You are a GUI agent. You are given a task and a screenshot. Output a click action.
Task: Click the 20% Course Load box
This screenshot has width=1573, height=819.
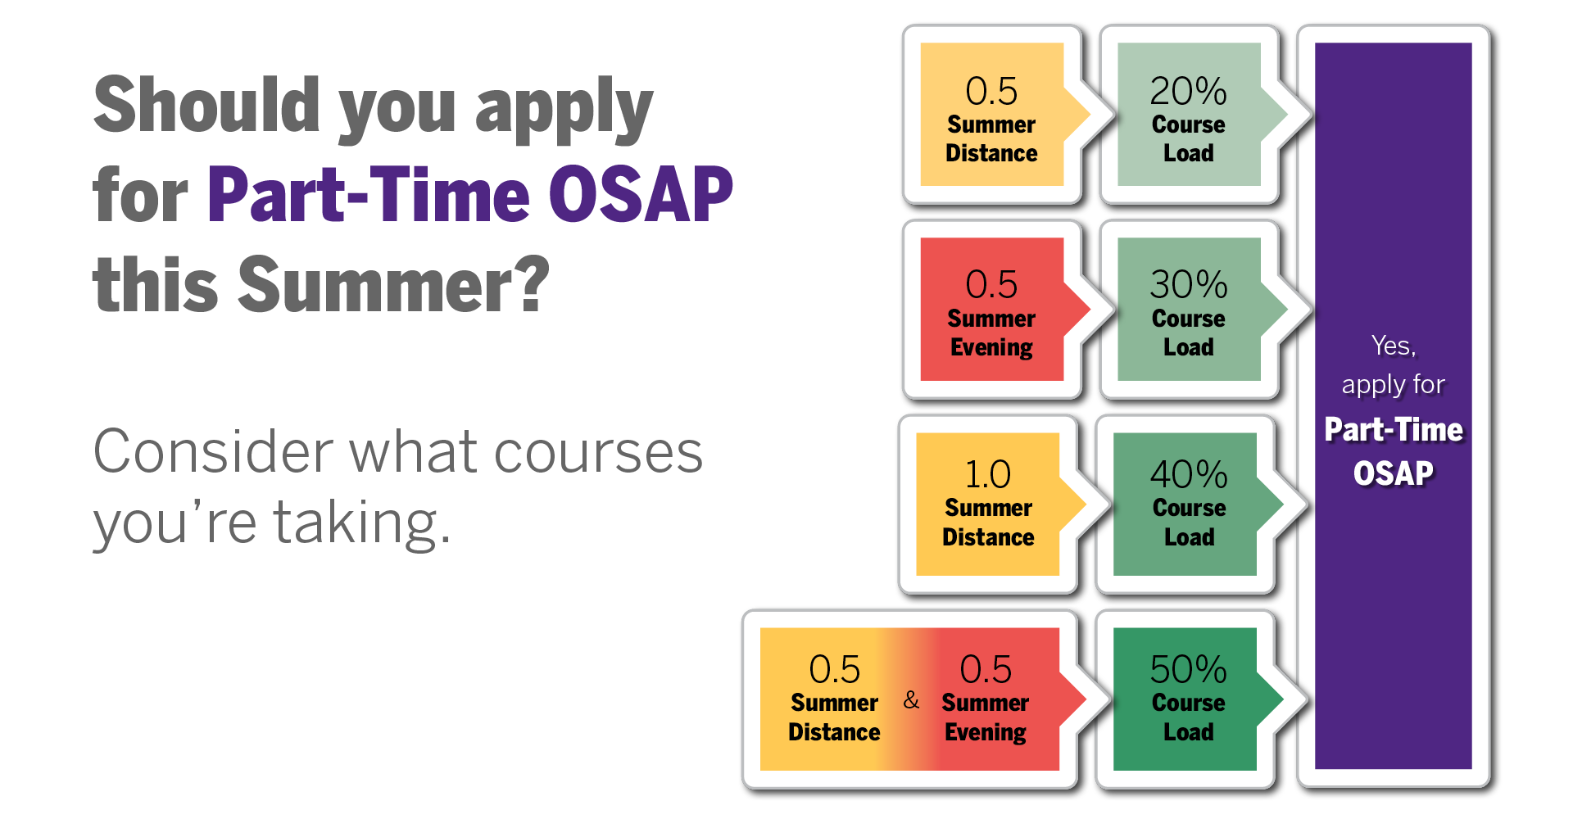[x=1190, y=115]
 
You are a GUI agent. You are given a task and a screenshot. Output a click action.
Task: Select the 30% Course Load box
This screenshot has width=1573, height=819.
[x=1190, y=310]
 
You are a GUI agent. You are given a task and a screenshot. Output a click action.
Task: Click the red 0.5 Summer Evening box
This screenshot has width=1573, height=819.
[x=993, y=310]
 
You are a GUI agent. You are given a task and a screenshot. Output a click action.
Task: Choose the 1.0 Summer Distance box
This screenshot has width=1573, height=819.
[x=989, y=505]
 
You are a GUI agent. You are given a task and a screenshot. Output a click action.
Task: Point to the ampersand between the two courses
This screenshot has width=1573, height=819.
[x=911, y=700]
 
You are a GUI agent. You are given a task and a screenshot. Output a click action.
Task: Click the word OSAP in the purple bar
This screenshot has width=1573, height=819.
[x=1394, y=473]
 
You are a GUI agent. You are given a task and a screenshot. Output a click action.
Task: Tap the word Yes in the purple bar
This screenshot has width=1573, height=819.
[x=1394, y=346]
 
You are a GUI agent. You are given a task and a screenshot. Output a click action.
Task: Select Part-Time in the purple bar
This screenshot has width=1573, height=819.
[x=1394, y=430]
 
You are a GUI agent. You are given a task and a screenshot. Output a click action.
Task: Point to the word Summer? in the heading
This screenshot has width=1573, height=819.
[x=394, y=284]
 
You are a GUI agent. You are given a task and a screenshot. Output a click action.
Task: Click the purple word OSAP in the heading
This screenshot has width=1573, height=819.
[x=641, y=194]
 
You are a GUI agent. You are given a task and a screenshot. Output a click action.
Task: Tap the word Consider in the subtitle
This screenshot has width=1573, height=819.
[x=213, y=451]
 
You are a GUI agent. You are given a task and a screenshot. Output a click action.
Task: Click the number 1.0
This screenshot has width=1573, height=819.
[x=988, y=475]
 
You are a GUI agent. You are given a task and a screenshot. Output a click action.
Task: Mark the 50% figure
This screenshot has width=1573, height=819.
[x=1189, y=669]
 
